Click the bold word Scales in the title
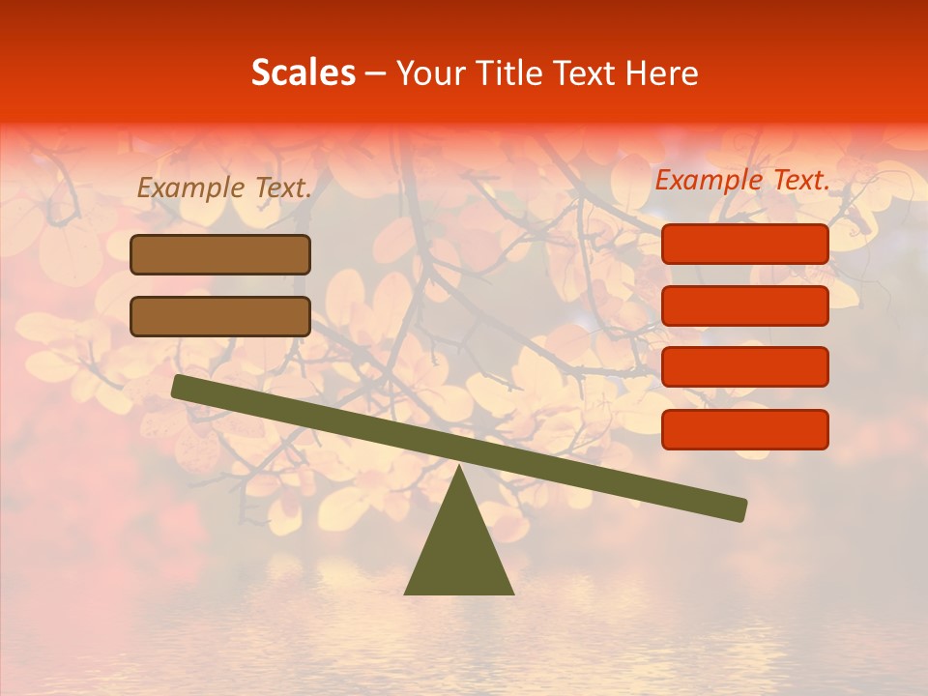tap(303, 73)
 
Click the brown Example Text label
tap(224, 188)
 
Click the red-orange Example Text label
tap(742, 180)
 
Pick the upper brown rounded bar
tap(220, 254)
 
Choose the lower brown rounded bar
tap(220, 316)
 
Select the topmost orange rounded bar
tap(744, 244)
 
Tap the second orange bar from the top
tap(744, 305)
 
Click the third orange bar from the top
tap(744, 367)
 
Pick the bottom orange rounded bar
tap(744, 429)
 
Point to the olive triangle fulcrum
tap(458, 551)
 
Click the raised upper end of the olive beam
tap(180, 387)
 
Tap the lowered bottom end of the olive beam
tap(739, 509)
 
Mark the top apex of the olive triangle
tap(458, 467)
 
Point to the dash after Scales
tap(376, 74)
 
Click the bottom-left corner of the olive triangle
tap(406, 593)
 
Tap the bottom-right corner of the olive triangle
tap(512, 593)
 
